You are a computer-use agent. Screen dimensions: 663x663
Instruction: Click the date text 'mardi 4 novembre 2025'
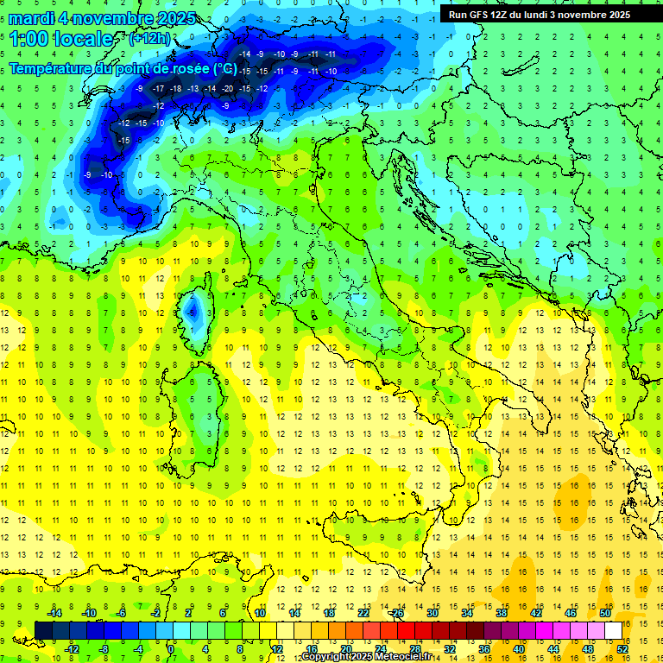(102, 18)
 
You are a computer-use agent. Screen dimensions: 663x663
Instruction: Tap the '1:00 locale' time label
(60, 39)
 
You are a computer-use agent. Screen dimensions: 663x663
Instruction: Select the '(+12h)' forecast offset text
(149, 39)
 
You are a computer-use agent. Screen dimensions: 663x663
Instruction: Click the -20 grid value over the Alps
(227, 89)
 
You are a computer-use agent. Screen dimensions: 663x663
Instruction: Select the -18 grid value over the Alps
(176, 89)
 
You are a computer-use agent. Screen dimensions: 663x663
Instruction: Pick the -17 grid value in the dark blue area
(158, 89)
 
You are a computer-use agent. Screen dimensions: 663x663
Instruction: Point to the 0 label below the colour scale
(171, 649)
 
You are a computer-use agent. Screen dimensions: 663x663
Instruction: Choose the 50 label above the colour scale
(605, 613)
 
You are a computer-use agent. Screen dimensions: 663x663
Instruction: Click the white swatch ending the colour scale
(613, 630)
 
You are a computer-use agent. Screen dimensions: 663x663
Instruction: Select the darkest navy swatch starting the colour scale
(43, 630)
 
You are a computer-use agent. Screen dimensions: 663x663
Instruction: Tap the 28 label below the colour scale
(414, 649)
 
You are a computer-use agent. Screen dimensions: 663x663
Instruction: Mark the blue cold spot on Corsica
(194, 308)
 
